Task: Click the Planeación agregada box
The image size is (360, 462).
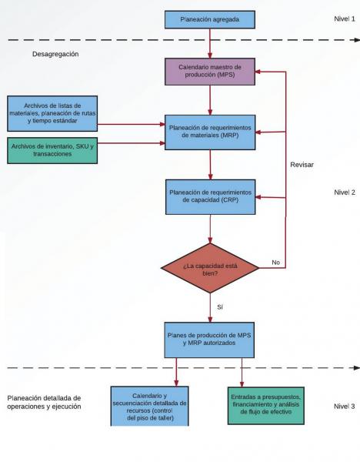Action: (x=209, y=20)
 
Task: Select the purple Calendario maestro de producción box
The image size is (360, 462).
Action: (x=210, y=72)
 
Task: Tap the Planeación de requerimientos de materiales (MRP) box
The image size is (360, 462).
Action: (x=210, y=132)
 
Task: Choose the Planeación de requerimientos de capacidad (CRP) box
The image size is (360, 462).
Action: (x=210, y=197)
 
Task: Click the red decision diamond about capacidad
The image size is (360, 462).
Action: (x=210, y=268)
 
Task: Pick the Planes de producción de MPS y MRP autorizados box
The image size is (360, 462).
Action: (x=209, y=340)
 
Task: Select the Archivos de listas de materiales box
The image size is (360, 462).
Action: (x=52, y=113)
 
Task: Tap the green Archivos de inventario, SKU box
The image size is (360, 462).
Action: (x=52, y=150)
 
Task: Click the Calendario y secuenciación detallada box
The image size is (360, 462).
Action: (x=149, y=407)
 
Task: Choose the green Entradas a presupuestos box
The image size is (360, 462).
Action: (x=266, y=406)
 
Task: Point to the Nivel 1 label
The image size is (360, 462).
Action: (x=345, y=18)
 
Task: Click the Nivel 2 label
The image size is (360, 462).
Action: (x=345, y=192)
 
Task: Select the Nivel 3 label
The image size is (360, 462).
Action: (x=345, y=407)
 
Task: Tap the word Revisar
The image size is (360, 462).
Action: (x=302, y=165)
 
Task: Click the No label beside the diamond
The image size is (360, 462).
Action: (x=276, y=263)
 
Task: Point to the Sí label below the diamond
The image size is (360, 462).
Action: (x=220, y=307)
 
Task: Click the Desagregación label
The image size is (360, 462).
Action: (x=55, y=54)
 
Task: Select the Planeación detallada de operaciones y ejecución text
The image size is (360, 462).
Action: (x=44, y=402)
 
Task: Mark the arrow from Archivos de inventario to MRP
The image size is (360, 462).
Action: (x=132, y=143)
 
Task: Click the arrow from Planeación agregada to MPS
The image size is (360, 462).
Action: (x=210, y=44)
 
